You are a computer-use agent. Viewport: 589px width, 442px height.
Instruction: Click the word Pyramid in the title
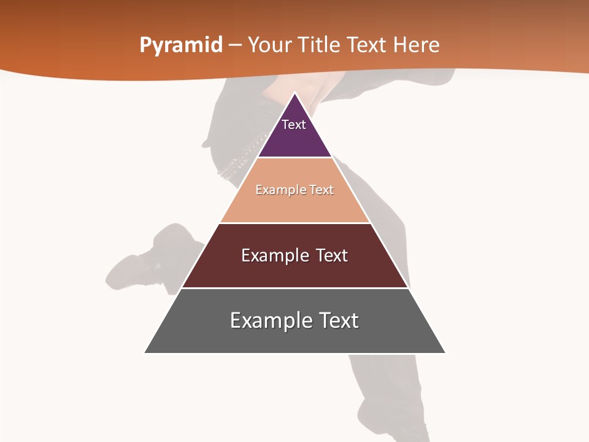click(x=181, y=45)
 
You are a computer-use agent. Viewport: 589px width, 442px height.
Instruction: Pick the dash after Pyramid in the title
click(x=235, y=45)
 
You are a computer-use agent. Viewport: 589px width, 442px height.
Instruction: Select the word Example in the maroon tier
click(x=272, y=255)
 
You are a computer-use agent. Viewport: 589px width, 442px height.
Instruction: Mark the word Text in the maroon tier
click(x=332, y=255)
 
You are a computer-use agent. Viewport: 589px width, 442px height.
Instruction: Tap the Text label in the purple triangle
click(x=294, y=125)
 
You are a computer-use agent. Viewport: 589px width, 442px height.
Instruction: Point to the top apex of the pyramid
click(x=294, y=94)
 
